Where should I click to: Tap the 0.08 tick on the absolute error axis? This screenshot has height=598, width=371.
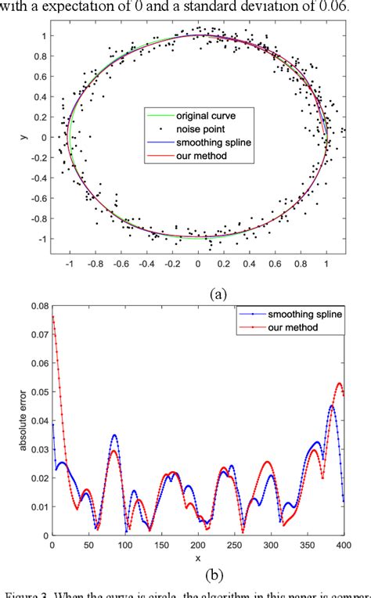click(36, 307)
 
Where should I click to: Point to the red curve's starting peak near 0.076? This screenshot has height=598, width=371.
click(52, 317)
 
